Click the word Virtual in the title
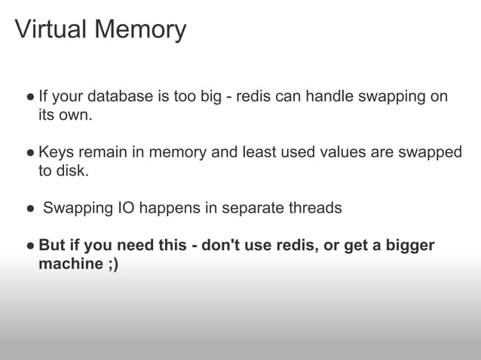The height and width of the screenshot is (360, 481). [50, 29]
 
